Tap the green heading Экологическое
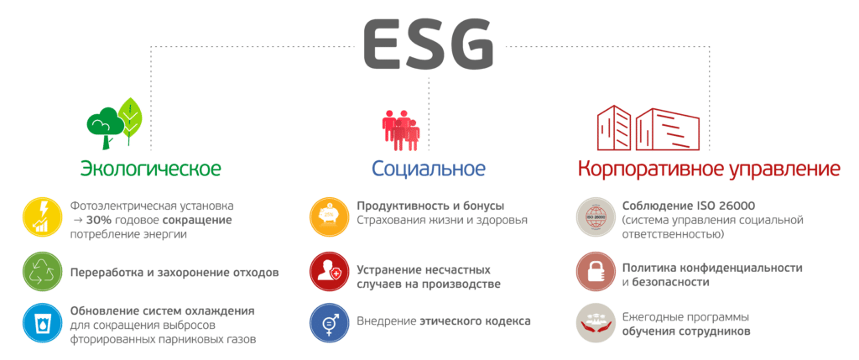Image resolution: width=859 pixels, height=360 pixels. pos(151,168)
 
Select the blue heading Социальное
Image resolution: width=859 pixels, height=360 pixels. pos(429,168)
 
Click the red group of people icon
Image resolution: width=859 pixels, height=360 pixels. pos(401,130)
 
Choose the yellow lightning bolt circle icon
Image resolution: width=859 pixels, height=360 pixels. pos(43,217)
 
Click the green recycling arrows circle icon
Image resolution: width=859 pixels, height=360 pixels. pos(43,272)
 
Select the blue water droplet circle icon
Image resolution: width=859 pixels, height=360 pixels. pos(43,323)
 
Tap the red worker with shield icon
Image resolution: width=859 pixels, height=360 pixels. pos(329,272)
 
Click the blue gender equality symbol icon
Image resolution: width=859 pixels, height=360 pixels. pos(329,323)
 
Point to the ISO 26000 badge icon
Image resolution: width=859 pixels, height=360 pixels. pos(596,217)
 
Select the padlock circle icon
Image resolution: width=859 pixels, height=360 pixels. pos(596,272)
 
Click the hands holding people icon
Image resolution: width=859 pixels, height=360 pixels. pos(596,323)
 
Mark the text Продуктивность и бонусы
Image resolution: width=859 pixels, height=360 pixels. pos(430,206)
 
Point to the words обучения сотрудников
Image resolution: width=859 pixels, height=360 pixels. pos(686,331)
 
